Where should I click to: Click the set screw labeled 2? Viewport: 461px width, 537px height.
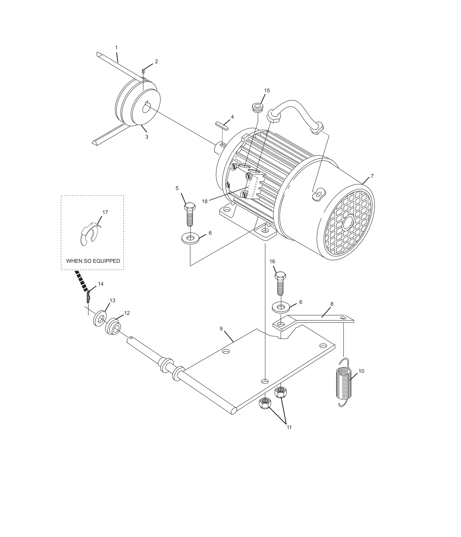tap(143, 71)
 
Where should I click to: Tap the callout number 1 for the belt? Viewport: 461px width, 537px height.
tap(116, 48)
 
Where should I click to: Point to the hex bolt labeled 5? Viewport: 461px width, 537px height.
tap(190, 214)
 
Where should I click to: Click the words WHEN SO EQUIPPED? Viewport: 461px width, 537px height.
tap(93, 261)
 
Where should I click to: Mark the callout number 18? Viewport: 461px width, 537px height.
tap(205, 201)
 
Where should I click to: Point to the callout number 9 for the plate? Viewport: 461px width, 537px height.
tap(221, 329)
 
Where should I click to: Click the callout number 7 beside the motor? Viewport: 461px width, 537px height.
tap(372, 176)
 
